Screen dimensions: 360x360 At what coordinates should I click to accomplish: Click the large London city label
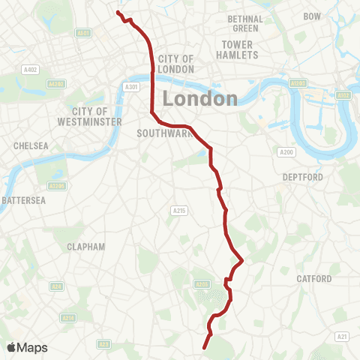coord(199,98)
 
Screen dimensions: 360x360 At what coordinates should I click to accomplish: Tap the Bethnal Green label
coord(245,23)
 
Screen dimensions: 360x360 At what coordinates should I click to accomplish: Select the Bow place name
coord(312,16)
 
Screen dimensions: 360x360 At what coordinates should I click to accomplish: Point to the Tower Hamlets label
coord(237,49)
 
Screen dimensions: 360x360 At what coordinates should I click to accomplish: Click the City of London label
coord(176,64)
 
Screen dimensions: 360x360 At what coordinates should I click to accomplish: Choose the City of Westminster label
coord(88,116)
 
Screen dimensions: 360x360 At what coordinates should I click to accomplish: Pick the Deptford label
coord(302,177)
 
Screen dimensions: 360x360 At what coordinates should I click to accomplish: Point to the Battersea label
coord(24,200)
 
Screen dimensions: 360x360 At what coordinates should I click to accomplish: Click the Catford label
coord(313,278)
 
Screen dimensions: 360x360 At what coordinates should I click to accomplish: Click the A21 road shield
coord(341,335)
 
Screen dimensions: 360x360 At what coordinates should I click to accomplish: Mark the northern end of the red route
coord(118,12)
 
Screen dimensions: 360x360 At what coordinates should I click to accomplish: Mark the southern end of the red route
coord(205,348)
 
